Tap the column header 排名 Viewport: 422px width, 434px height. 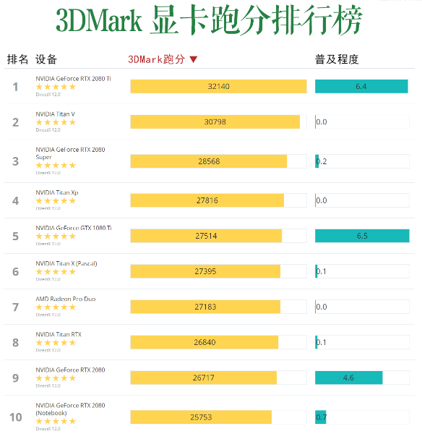pyautogui.click(x=17, y=59)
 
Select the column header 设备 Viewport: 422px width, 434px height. pyautogui.click(x=46, y=59)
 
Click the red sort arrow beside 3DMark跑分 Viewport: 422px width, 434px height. pyautogui.click(x=193, y=59)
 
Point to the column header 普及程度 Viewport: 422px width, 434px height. pyautogui.click(x=337, y=59)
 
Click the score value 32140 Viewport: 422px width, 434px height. pyautogui.click(x=218, y=86)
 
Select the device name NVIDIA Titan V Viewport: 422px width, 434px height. pyautogui.click(x=56, y=114)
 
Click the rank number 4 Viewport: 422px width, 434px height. pyautogui.click(x=15, y=200)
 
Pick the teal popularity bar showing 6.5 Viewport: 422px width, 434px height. pyautogui.click(x=362, y=236)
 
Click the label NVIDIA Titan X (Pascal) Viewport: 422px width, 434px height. pyautogui.click(x=66, y=263)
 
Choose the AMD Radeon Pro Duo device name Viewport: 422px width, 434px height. pyautogui.click(x=65, y=299)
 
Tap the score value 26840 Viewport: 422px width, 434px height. pyautogui.click(x=205, y=342)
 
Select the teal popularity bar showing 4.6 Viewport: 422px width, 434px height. pyautogui.click(x=349, y=378)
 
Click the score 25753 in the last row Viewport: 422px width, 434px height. pyautogui.click(x=200, y=417)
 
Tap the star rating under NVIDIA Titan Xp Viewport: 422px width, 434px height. pyautogui.click(x=56, y=201)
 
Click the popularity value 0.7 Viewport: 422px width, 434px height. pyautogui.click(x=322, y=417)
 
